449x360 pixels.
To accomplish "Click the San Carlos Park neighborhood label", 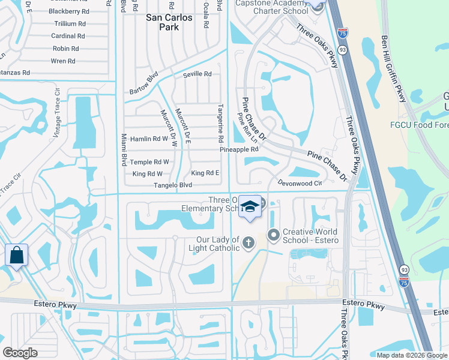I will tap(169, 22).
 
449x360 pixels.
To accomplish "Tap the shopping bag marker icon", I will tap(16, 254).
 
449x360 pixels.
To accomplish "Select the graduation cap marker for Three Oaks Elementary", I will tap(249, 208).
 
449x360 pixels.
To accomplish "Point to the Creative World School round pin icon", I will tap(274, 235).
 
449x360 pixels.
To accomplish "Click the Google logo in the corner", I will tap(20, 353).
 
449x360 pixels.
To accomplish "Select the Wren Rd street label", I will tap(63, 61).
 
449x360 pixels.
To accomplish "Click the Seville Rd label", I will tap(198, 74).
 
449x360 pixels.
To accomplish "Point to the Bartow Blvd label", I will tap(143, 84).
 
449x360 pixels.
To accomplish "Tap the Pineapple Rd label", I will tap(238, 149).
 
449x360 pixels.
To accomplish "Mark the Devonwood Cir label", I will tap(300, 182).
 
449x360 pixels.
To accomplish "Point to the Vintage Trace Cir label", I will tap(58, 115).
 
